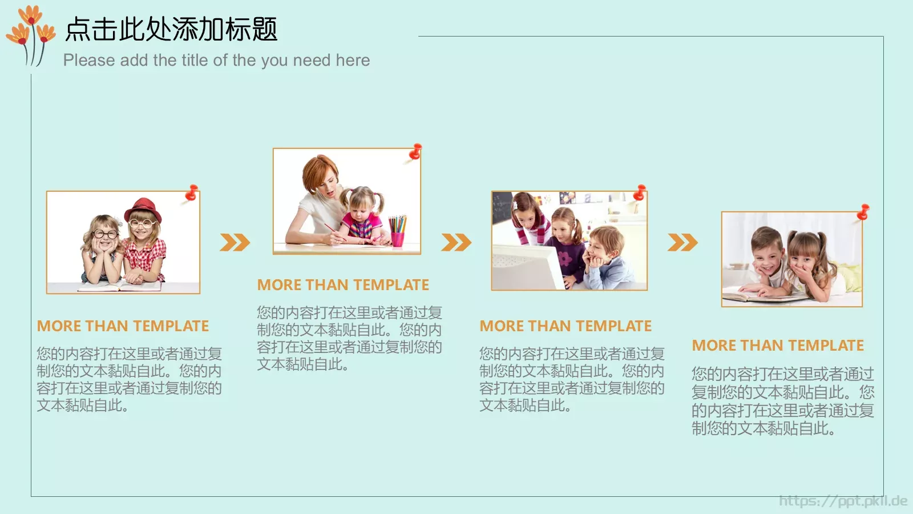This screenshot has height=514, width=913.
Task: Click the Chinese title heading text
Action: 171,29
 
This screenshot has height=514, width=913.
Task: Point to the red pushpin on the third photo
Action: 640,192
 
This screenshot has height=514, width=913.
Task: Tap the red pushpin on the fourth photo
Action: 863,212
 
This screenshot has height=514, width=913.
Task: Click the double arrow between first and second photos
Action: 235,242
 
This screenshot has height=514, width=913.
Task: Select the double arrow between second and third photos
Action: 457,242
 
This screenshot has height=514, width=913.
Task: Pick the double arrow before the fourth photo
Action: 682,242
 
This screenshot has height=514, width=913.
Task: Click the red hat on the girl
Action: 143,210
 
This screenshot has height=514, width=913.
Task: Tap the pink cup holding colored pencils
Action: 397,239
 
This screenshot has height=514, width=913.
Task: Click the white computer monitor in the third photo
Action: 526,267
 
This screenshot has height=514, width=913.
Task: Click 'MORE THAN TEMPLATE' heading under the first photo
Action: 123,326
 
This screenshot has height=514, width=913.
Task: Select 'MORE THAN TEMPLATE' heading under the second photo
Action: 343,285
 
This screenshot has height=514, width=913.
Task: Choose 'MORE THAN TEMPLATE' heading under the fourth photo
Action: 778,346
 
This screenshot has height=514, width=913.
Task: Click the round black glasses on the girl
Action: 105,234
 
